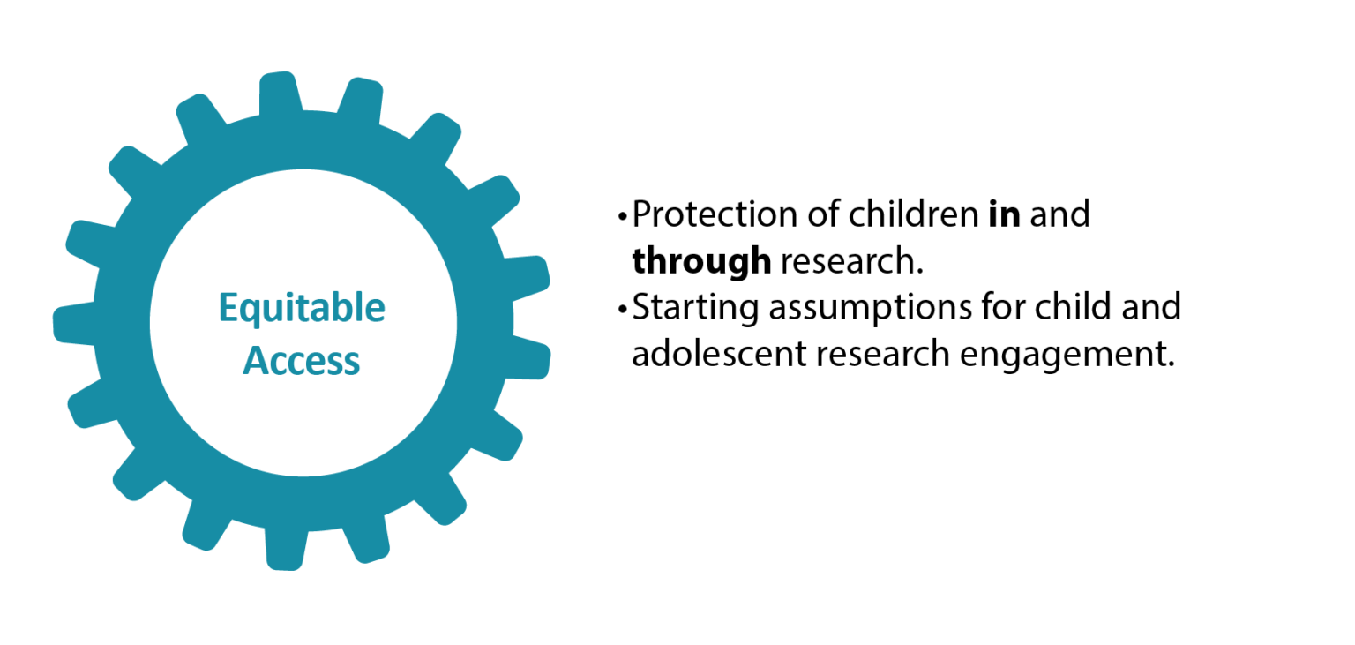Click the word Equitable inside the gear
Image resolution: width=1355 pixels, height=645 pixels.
[302, 309]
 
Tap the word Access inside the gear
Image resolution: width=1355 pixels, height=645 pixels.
[302, 361]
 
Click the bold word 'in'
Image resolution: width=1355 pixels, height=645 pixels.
[1004, 214]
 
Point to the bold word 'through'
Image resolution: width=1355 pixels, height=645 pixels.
[701, 261]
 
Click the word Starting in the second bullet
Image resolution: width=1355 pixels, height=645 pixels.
[694, 308]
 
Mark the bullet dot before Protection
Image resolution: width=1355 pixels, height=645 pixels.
[623, 216]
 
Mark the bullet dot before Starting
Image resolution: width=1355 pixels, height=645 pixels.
[623, 309]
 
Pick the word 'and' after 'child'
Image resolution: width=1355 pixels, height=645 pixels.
[1152, 307]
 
